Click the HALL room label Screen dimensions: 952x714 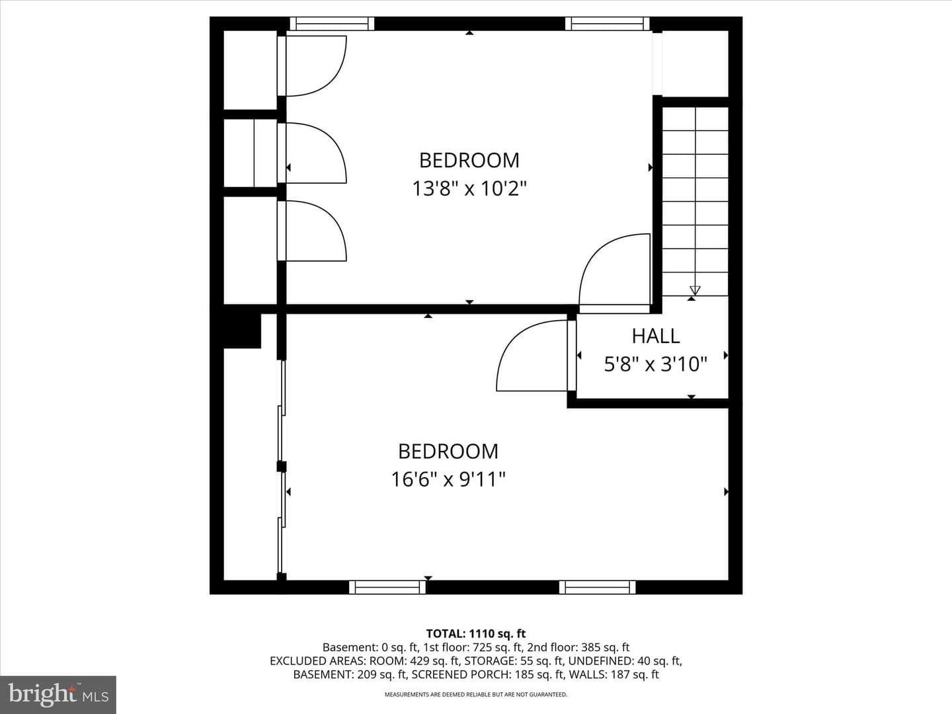coord(655,337)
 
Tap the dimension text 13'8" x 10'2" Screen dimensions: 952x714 coord(469,189)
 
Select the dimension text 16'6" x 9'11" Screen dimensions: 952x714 coord(448,480)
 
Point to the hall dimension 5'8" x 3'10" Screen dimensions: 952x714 coord(655,364)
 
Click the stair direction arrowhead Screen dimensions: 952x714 coord(695,290)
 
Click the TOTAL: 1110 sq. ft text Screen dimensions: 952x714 coord(476,634)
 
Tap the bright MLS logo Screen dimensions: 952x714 coord(58,694)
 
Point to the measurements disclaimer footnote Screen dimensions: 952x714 coord(476,694)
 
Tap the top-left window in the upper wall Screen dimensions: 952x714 coord(332,23)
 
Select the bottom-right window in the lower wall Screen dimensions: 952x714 coord(597,588)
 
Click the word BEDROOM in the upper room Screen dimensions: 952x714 coord(469,161)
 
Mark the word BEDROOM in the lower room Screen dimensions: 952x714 coord(448,452)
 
